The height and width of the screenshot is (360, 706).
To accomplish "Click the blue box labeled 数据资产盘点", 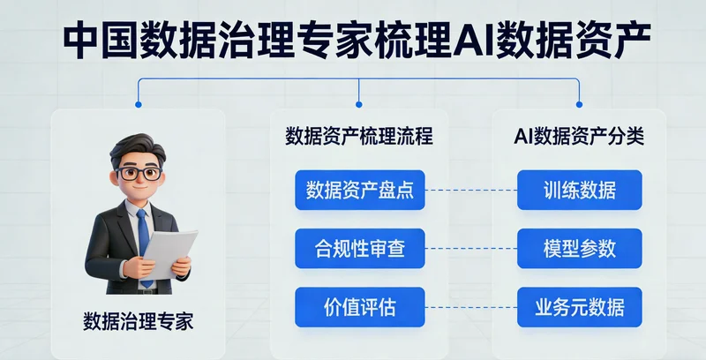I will click(x=360, y=190).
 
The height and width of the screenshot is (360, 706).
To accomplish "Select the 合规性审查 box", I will click(x=360, y=248).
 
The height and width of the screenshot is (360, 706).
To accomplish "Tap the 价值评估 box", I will click(x=360, y=306).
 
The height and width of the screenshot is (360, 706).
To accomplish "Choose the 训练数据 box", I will click(x=580, y=190).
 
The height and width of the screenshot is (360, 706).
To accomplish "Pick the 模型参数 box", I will click(x=580, y=248).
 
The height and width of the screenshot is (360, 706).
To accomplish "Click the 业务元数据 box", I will click(x=580, y=306).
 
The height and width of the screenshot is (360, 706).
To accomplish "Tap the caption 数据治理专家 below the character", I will click(x=138, y=321).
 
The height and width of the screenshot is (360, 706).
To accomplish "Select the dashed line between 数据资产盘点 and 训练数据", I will click(x=471, y=190).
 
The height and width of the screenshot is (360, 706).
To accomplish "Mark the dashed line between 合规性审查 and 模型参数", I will click(x=471, y=248).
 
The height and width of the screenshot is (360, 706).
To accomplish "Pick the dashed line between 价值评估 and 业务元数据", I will click(x=471, y=306).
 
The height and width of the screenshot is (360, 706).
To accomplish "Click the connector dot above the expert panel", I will click(x=138, y=104).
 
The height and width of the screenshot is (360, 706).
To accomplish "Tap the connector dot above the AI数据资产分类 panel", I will click(x=579, y=104).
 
